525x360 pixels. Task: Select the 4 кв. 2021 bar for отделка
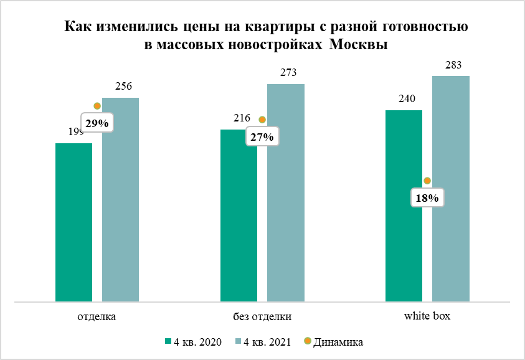coord(121,200)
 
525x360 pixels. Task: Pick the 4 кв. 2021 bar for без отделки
coord(286,193)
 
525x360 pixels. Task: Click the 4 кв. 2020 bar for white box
coord(404,206)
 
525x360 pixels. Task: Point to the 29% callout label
coord(97,123)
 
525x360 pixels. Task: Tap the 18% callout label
coord(427,198)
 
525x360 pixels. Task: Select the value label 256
coord(123,87)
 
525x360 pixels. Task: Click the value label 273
coord(288,73)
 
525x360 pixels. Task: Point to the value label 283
coord(453,65)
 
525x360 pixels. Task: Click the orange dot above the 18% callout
coord(427,181)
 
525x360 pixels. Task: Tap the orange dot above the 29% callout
coord(97,106)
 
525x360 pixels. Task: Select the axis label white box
coord(427,316)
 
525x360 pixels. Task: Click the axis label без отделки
coord(262,316)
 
